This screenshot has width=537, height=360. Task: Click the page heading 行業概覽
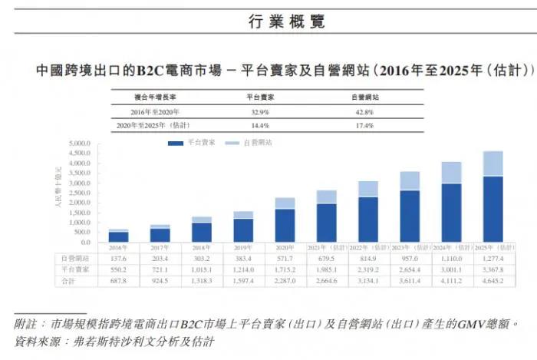(x=268, y=21)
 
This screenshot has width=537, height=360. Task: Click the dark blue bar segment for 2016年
(x=119, y=237)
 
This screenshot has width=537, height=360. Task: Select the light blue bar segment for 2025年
(x=493, y=163)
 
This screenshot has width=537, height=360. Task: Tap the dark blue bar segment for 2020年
(x=285, y=226)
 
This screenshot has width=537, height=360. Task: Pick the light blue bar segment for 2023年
(x=410, y=181)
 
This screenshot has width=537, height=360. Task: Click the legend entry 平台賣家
(x=200, y=143)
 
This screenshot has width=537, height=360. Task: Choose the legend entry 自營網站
(x=257, y=143)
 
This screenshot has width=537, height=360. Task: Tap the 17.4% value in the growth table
(x=364, y=124)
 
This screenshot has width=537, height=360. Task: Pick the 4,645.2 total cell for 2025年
(x=493, y=282)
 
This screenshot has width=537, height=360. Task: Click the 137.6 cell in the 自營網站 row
(x=119, y=259)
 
